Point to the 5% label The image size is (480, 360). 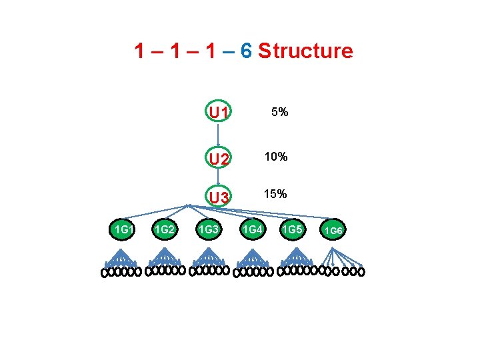279,112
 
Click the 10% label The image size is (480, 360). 275,157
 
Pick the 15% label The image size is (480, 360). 275,194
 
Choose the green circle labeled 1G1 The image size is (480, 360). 123,230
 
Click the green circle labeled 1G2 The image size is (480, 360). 165,230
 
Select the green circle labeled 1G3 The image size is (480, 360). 209,230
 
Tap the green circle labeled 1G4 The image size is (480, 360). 253,230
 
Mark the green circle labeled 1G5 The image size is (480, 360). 293,230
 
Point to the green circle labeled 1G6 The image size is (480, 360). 333,231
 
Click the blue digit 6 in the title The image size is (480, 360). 245,51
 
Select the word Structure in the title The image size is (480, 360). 305,51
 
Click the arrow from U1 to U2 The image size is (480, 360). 219,135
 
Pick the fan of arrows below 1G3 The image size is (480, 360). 209,257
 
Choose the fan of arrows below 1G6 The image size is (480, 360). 341,257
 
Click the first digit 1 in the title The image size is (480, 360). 140,51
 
